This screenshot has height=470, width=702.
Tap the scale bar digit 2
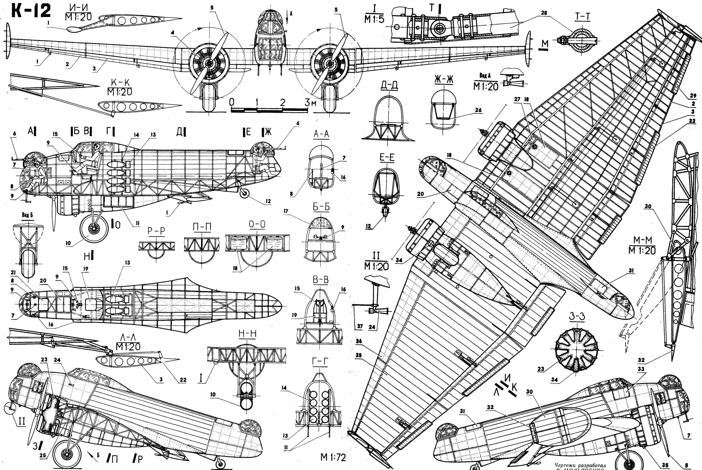click(x=283, y=102)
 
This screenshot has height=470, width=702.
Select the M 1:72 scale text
click(x=333, y=457)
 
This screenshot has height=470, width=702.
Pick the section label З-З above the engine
click(x=577, y=316)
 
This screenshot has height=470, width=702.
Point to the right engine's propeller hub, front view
click(x=330, y=64)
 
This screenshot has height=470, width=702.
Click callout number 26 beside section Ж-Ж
click(x=478, y=110)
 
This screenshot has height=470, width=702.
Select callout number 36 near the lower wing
click(x=359, y=341)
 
